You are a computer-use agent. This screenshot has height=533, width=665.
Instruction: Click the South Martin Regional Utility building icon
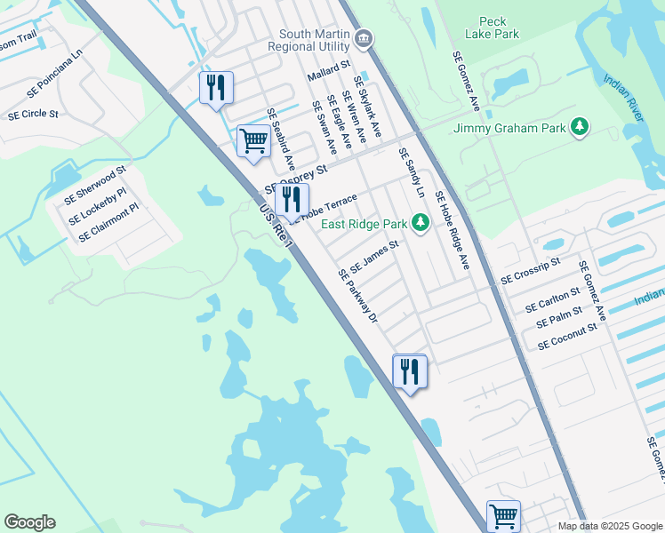point(364,39)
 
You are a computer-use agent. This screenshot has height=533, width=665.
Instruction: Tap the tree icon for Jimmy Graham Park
point(581,128)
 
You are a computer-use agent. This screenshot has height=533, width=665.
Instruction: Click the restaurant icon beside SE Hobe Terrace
point(292,201)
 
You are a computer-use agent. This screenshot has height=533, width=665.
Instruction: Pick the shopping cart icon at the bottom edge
point(503,515)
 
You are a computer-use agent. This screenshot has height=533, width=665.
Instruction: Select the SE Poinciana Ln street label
point(54,80)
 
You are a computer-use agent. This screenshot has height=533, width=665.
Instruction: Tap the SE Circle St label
point(33,115)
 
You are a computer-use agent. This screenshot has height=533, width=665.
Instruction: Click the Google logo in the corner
point(29,522)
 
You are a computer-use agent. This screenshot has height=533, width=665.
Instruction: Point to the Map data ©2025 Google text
point(609,526)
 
